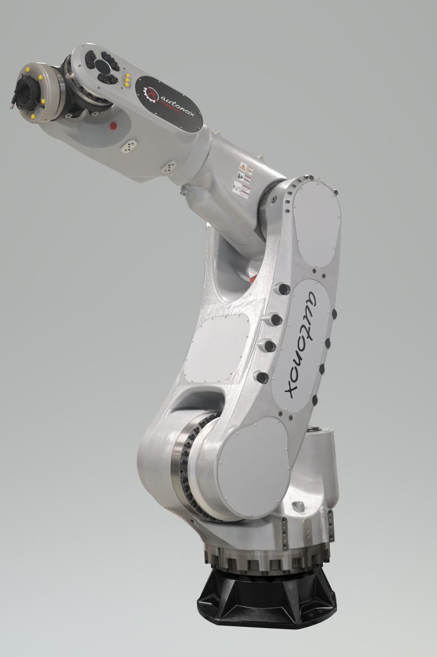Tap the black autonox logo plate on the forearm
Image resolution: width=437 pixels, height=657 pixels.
pos(169,103)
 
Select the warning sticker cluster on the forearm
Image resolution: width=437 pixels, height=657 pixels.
pos(242,180)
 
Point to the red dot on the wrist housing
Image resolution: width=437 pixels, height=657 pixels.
pos(113,126)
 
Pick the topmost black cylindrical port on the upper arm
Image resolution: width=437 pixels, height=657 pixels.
pos(282,289)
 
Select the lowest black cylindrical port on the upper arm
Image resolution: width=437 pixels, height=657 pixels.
pos(262,377)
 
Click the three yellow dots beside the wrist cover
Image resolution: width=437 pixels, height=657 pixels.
pos(128,81)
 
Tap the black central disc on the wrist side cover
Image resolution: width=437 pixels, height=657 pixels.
pos(103,66)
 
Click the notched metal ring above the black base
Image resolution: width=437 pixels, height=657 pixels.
pos(266,558)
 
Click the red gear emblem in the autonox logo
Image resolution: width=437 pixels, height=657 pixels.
pos(152,95)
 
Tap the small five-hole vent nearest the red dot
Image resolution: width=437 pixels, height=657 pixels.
pos(129,146)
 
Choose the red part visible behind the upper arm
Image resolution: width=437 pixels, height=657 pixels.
pos(252,279)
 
